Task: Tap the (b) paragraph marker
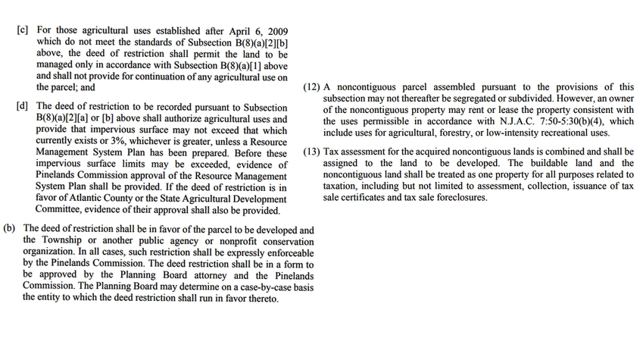(x=11, y=229)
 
